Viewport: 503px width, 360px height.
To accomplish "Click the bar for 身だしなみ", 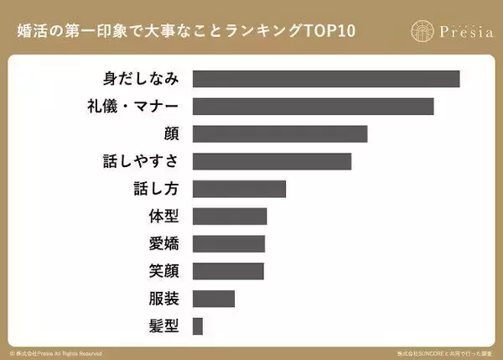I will click(326, 79).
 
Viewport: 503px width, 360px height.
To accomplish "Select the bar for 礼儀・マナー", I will click(313, 107).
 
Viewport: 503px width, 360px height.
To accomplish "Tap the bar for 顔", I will click(280, 134).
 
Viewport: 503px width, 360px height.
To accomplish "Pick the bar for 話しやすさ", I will click(272, 161).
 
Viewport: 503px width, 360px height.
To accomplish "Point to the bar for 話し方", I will click(239, 189).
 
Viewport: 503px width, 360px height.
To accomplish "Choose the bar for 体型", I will click(230, 217).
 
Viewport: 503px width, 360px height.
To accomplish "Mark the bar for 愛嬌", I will click(229, 243).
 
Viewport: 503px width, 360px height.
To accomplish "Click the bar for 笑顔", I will click(228, 271).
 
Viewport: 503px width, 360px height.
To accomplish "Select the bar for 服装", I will click(214, 299).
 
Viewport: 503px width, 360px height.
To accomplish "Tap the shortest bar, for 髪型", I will click(198, 326).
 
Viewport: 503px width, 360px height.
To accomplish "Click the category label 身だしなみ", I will click(139, 79).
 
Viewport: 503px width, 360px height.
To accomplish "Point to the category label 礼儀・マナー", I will click(132, 107).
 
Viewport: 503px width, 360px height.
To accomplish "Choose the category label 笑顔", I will click(163, 271).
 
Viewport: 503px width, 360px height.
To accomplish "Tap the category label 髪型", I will click(163, 326).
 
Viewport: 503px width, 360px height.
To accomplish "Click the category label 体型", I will click(163, 217).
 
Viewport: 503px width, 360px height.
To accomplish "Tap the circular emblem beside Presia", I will click(423, 30).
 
